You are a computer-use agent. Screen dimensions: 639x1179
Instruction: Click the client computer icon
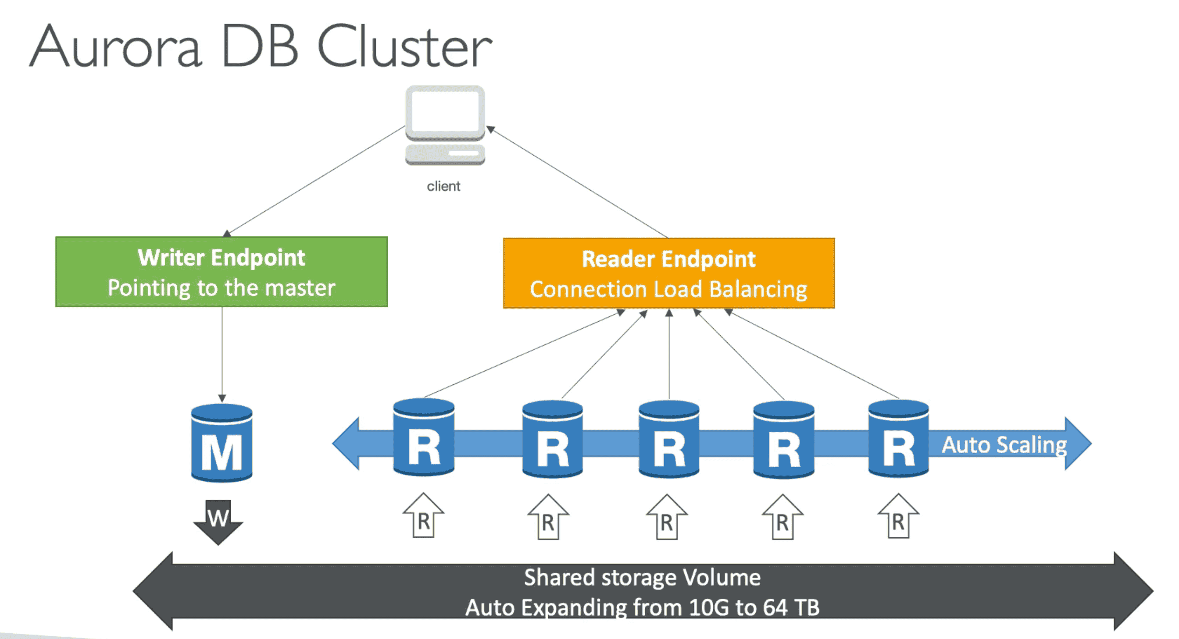(445, 124)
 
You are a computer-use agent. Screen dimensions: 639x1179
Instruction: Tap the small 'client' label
(443, 186)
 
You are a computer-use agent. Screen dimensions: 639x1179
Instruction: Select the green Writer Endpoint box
(222, 272)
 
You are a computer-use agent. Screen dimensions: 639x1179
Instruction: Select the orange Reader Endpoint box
(669, 273)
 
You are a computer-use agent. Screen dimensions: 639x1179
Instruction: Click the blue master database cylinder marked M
(222, 443)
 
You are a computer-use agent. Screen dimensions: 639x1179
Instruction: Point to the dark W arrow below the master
(218, 522)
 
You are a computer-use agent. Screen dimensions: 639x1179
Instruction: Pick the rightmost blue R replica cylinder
(898, 438)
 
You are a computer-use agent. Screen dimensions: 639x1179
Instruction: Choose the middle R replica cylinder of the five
(669, 439)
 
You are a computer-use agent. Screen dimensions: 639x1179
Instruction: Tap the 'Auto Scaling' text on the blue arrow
(1004, 444)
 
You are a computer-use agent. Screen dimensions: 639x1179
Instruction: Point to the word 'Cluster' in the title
(404, 46)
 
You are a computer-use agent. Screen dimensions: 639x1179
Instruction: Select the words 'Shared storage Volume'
(642, 577)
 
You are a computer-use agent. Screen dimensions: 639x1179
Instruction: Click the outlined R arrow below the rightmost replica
(898, 516)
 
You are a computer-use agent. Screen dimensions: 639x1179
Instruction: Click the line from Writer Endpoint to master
(222, 352)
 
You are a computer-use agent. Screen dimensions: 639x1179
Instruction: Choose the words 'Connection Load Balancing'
(669, 290)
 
